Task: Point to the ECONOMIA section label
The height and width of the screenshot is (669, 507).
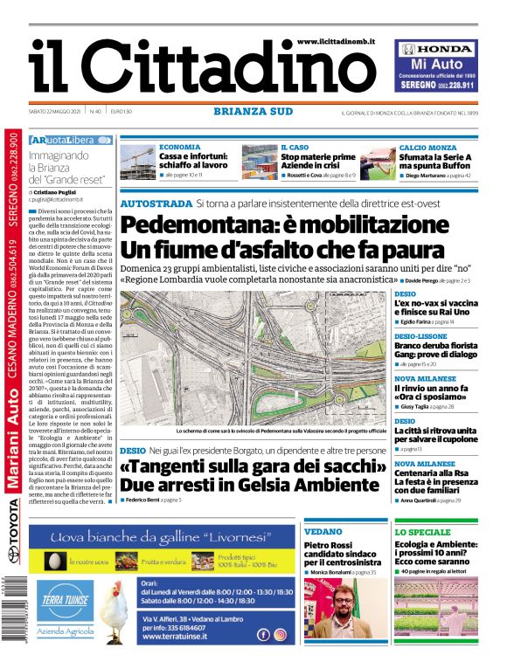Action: click(x=179, y=148)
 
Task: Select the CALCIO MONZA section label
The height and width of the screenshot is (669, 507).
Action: click(x=427, y=148)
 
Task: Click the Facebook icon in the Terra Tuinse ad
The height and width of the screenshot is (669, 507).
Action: click(x=263, y=635)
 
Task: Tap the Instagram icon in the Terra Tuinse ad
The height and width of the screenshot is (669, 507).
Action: click(x=280, y=635)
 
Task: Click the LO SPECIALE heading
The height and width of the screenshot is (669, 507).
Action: click(x=423, y=531)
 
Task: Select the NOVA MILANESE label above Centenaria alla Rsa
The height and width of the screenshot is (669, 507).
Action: click(x=423, y=464)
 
